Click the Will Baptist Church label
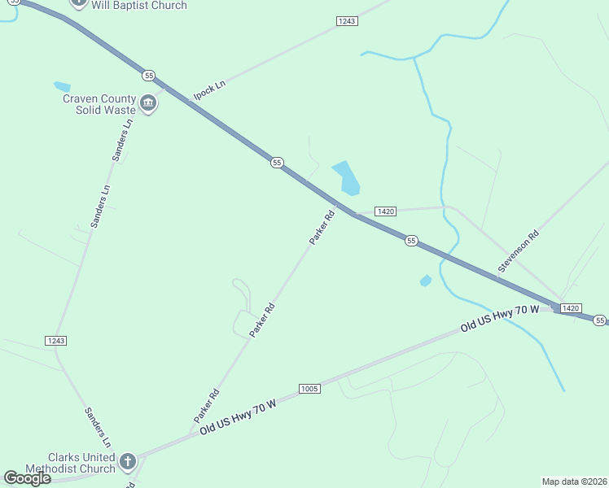coord(139,6)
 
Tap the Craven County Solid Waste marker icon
coord(148,103)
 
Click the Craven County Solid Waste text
coord(100,104)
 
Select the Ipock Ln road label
coord(208,90)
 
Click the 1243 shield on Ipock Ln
coord(347,21)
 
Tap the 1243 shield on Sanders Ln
coord(56,340)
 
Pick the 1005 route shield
coord(309,388)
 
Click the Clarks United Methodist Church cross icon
coord(127,462)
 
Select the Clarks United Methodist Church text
coord(70,462)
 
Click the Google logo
coord(27,478)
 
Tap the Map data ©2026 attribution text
coord(574,481)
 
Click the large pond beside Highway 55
coord(346,177)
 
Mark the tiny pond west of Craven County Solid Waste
coord(62,85)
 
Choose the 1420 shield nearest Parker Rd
coord(386,211)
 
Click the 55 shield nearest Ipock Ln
coord(148,76)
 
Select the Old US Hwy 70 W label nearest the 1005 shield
coord(239,415)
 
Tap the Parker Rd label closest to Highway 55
coord(322,228)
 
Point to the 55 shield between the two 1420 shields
coord(412,241)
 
